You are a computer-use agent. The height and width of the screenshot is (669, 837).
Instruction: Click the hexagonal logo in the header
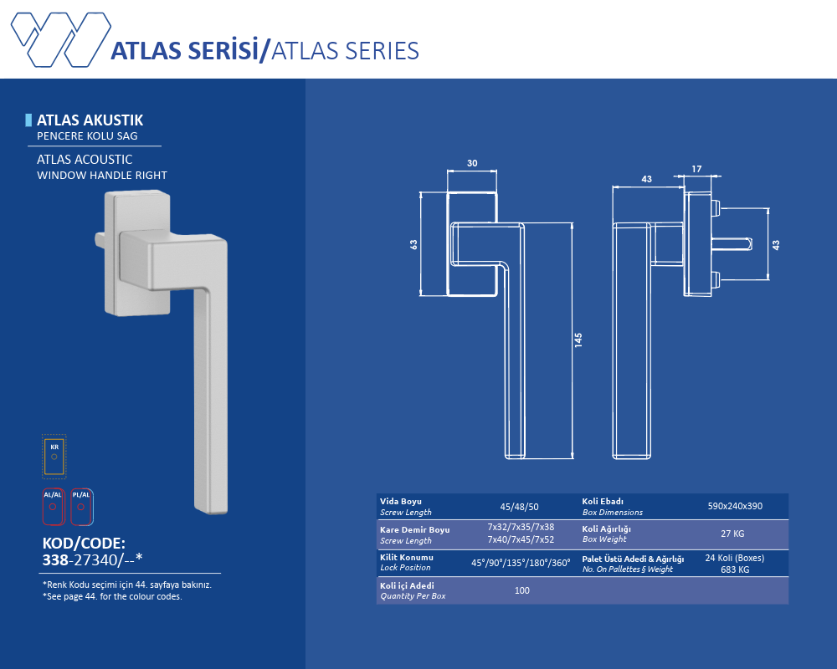pos(61,39)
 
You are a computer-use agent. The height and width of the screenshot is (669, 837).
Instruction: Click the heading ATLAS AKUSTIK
pos(90,120)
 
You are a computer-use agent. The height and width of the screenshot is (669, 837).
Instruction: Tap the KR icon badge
pos(54,456)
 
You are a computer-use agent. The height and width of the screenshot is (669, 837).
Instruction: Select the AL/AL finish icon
pos(53,506)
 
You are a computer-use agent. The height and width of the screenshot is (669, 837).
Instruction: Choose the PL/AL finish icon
pos(81,506)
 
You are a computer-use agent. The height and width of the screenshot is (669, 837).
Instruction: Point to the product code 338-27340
pos(92,559)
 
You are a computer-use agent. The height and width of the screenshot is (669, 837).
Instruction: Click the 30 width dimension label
pos(472,163)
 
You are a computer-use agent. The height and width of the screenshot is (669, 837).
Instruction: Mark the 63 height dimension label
pos(413,244)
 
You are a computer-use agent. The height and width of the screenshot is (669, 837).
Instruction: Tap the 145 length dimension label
pos(578,340)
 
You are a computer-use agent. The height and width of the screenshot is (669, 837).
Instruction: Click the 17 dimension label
pos(696,169)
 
